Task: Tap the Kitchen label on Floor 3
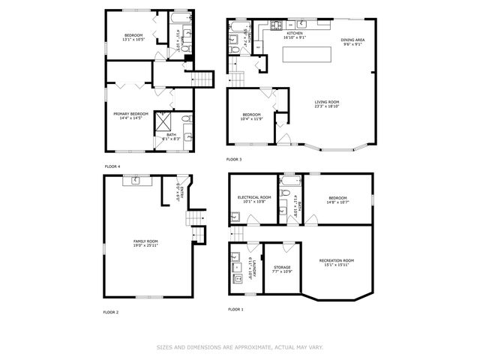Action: (x=294, y=33)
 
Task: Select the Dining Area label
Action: (x=352, y=40)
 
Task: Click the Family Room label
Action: (x=146, y=241)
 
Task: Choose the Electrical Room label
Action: (x=253, y=197)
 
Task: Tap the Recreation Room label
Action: (x=336, y=260)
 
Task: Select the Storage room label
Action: (x=282, y=267)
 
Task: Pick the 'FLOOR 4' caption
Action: (x=112, y=166)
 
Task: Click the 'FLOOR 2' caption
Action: (x=111, y=311)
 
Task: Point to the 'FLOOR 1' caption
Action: (x=235, y=309)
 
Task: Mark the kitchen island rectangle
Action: (x=307, y=55)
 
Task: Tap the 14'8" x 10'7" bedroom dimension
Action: (x=337, y=202)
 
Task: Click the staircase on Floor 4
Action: (x=204, y=80)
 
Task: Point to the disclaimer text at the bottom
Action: (x=239, y=347)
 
